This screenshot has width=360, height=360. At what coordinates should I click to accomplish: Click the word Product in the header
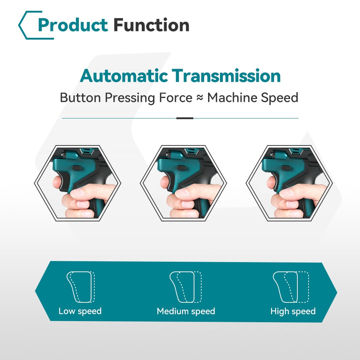[x=73, y=25]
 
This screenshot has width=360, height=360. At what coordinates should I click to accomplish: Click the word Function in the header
[x=151, y=25]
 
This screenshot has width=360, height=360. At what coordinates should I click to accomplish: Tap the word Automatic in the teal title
[x=124, y=76]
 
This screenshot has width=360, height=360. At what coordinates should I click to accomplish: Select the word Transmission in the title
[x=226, y=76]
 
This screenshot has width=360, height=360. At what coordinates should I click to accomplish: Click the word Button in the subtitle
[x=80, y=98]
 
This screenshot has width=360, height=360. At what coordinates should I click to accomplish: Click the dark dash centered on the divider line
[x=185, y=118]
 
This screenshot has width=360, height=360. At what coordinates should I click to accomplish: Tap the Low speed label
[x=80, y=311]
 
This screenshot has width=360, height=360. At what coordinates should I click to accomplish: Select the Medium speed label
[x=186, y=311]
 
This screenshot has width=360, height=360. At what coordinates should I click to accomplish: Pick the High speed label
[x=293, y=311]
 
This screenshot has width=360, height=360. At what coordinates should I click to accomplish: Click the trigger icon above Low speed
[x=81, y=287]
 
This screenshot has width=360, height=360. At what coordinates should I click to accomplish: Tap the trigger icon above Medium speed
[x=185, y=287]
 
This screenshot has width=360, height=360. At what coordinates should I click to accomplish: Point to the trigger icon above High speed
[x=291, y=287]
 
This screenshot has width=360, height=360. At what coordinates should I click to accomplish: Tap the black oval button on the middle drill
[x=181, y=168]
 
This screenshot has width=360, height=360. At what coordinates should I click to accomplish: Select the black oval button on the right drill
[x=286, y=168]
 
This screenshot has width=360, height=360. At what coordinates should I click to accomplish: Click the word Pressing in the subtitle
[x=130, y=98]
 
